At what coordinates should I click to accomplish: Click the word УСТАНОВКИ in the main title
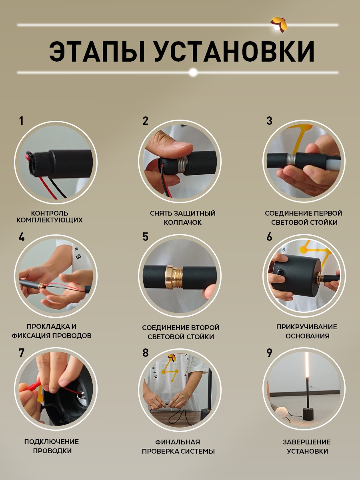(x=234, y=51)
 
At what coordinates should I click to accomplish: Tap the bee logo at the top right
(x=279, y=24)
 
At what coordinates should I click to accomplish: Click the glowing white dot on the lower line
(x=193, y=72)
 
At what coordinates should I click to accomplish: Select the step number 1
(x=21, y=121)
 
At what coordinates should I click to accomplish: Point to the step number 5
(x=145, y=237)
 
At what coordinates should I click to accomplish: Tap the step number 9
(x=270, y=353)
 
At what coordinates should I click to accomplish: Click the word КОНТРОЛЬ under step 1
(x=50, y=213)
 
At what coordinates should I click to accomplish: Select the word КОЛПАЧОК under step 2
(x=183, y=222)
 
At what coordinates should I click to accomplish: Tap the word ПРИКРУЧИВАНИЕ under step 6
(x=307, y=327)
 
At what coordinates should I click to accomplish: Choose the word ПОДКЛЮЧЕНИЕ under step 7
(x=52, y=442)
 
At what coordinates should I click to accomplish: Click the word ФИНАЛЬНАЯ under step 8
(x=178, y=442)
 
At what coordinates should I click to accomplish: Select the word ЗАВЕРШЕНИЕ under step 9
(x=307, y=442)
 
